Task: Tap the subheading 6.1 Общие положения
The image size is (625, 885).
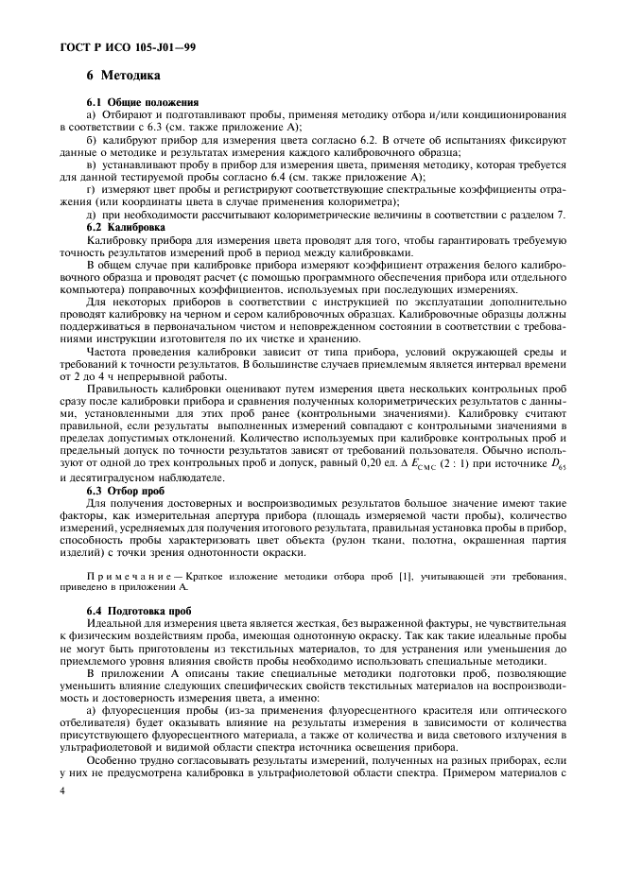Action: [143, 101]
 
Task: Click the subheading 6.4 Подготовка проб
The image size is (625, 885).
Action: [138, 611]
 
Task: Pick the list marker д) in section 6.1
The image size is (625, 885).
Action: [93, 215]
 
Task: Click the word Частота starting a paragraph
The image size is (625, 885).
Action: [109, 351]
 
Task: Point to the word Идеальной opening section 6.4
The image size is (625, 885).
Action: [115, 625]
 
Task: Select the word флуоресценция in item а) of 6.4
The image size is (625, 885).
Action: [148, 709]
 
